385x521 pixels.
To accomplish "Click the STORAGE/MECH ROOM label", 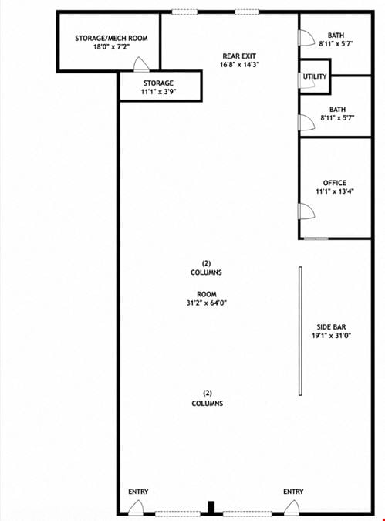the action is coord(111,39).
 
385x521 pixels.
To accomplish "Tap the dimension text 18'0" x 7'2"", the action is coord(111,47).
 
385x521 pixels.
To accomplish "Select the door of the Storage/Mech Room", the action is coord(141,65).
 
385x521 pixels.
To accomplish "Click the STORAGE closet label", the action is coord(158,83).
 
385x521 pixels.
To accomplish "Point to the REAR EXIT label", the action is coord(239,56).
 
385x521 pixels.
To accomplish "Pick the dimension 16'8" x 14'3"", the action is coord(239,65).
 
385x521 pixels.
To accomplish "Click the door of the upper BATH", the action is coord(306,38).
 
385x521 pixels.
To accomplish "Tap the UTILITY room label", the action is coord(315,76).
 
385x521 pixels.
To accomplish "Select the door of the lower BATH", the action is coord(306,122).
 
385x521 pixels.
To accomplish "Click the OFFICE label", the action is coord(335,183).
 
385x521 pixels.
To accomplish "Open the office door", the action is coord(306,211).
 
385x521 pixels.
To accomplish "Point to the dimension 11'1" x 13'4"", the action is coord(335,191).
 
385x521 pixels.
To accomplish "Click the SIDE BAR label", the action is coord(331,327).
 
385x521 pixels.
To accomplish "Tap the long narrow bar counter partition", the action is coord(300,331).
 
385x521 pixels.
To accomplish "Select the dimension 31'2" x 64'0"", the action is coord(207,303).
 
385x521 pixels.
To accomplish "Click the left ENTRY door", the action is coord(136,508).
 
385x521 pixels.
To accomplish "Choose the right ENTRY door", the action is coord(292,508).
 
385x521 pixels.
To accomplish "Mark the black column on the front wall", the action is coord(211,506).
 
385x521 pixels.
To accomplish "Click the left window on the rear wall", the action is coord(184,12).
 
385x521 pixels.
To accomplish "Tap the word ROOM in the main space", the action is coord(207,294).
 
